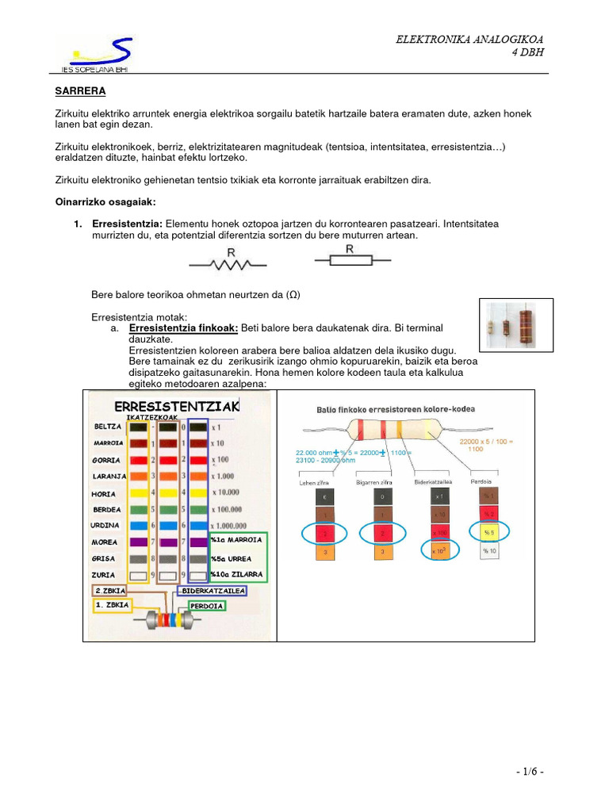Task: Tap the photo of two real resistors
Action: (x=517, y=325)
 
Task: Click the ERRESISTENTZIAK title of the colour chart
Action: (x=177, y=406)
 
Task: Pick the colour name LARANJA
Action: (x=108, y=477)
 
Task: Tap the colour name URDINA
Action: (x=106, y=525)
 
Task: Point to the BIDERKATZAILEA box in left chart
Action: (x=211, y=591)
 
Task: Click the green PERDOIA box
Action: (x=206, y=605)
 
